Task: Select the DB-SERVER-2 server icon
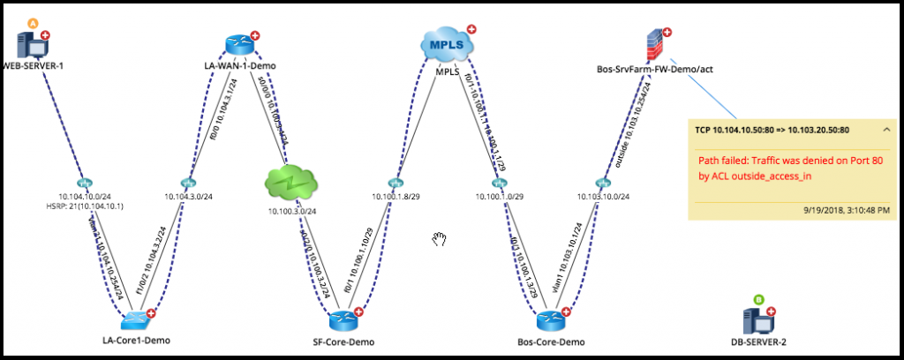(x=758, y=319)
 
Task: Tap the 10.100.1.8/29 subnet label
(x=392, y=197)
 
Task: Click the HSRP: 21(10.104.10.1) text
(x=78, y=206)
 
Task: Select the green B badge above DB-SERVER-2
(x=758, y=300)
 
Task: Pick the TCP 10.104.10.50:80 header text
(x=772, y=129)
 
